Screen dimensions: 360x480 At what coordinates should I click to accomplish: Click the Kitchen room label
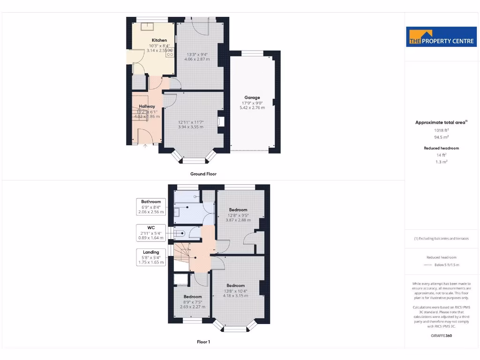159,40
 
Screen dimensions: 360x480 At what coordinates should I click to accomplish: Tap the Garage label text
252,97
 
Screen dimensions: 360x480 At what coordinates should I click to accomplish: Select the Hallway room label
147,106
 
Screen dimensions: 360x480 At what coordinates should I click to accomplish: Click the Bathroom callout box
151,207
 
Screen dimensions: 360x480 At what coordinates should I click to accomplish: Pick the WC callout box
151,232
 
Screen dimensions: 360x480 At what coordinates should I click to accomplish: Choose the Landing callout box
151,257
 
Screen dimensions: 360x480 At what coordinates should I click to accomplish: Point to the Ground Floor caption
203,174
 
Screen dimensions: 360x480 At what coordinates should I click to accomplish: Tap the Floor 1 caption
203,342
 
